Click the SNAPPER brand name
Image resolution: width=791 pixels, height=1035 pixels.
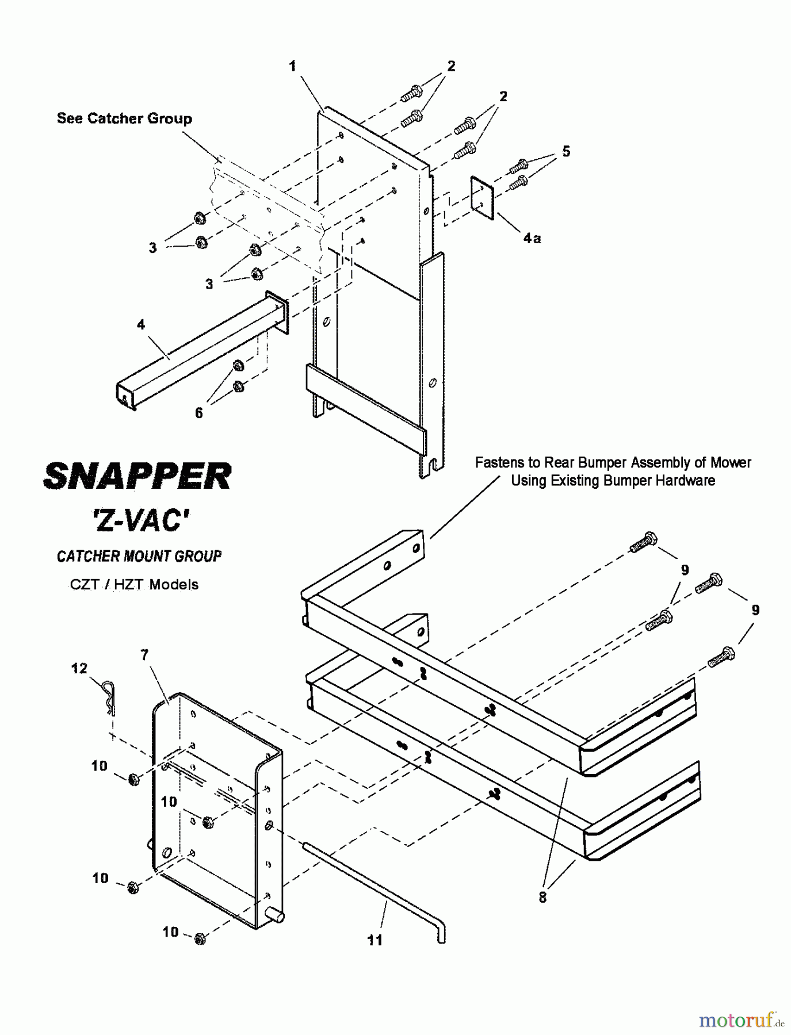(x=137, y=476)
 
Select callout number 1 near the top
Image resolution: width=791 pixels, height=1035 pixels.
(x=292, y=66)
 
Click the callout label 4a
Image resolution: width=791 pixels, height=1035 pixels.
(x=532, y=237)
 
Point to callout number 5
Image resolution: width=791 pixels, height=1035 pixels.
(x=566, y=151)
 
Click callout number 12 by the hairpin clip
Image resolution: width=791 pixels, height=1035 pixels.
(x=79, y=668)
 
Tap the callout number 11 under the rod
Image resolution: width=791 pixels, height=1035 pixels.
(x=375, y=940)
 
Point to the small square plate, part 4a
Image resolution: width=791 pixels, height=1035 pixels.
(x=483, y=198)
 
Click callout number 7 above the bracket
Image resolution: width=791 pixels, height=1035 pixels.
(x=144, y=654)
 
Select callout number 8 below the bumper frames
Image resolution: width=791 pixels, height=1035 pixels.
(x=542, y=897)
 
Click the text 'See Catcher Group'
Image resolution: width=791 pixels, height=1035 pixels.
(x=124, y=118)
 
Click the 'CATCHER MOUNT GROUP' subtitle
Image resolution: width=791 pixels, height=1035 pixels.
(x=139, y=556)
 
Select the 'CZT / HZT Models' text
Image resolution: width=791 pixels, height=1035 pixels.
(x=134, y=584)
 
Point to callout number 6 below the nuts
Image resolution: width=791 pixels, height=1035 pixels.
(x=198, y=413)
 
